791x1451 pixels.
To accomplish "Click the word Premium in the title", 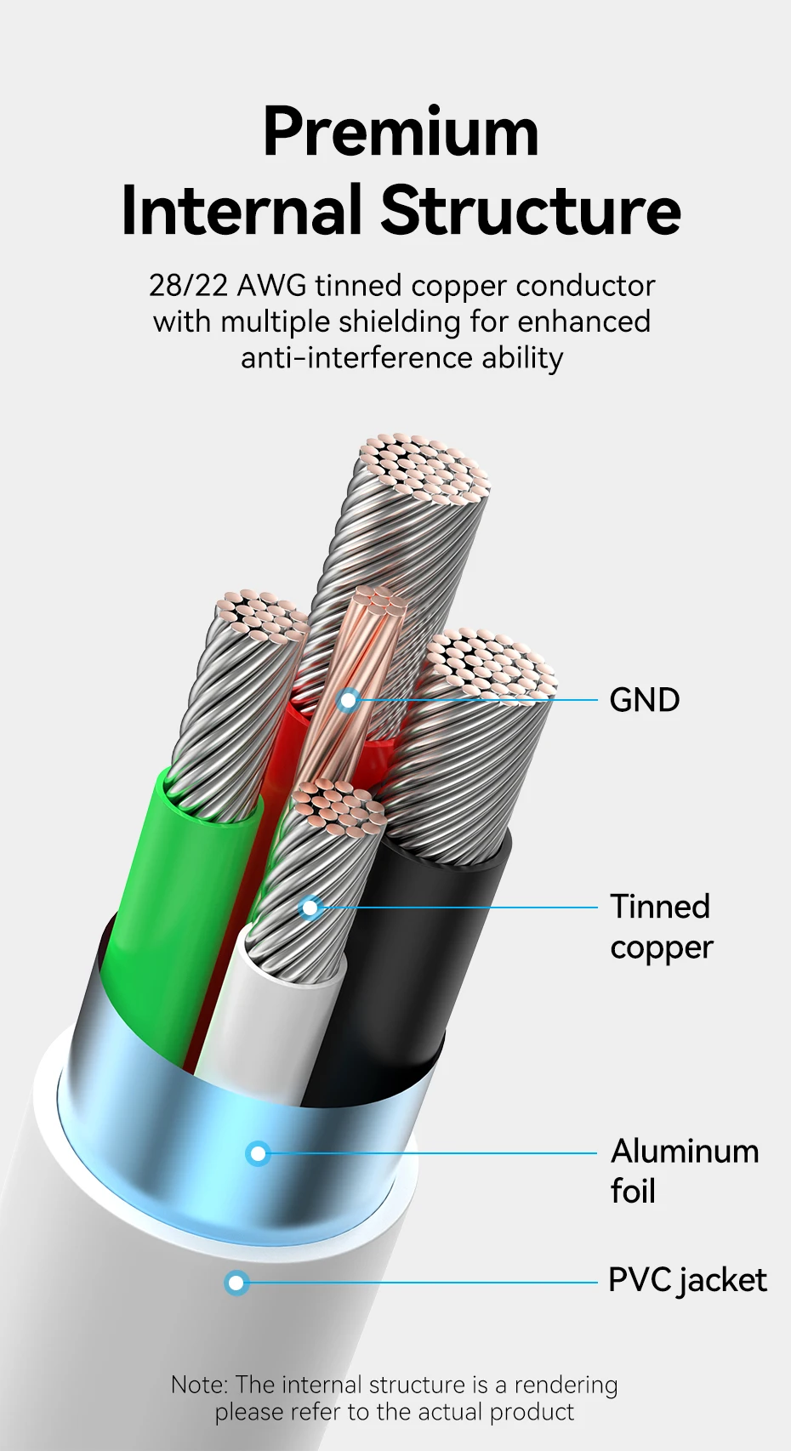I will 401,133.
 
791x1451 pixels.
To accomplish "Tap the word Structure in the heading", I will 530,210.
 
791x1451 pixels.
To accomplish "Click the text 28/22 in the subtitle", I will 188,286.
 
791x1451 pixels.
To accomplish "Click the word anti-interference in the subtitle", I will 356,358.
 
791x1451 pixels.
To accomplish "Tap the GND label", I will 645,701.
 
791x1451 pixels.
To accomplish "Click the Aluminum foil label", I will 684,1171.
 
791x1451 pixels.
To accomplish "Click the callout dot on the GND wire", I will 348,701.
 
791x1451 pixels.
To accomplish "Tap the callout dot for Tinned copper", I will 310,908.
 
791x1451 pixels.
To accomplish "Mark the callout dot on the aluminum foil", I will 259,1154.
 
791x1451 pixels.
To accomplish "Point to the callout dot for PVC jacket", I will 236,1283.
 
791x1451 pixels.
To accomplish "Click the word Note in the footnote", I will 197,1385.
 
